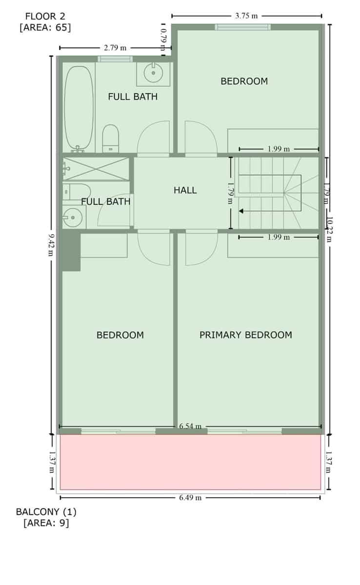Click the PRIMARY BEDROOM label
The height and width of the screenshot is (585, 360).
(x=245, y=335)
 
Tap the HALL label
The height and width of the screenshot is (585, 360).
(x=185, y=190)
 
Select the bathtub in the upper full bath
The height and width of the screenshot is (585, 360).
(x=79, y=108)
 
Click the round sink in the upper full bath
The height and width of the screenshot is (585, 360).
(x=154, y=74)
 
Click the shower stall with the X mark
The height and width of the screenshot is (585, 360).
(x=96, y=169)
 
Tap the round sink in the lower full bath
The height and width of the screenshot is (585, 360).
(x=73, y=217)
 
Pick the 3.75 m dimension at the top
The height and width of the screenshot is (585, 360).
(x=246, y=16)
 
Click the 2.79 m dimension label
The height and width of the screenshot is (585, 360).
(x=115, y=48)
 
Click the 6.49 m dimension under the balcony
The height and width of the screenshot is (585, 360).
(x=190, y=498)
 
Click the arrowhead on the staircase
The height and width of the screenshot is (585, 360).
(x=241, y=211)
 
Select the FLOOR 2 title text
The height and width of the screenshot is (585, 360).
(x=45, y=17)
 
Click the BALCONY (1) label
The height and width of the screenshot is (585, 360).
(x=46, y=512)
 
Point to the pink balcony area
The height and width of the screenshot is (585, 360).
(x=190, y=462)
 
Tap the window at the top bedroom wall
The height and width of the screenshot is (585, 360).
(x=242, y=27)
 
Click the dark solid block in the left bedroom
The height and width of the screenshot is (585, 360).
(x=71, y=252)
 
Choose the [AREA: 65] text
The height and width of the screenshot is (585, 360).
(x=45, y=27)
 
